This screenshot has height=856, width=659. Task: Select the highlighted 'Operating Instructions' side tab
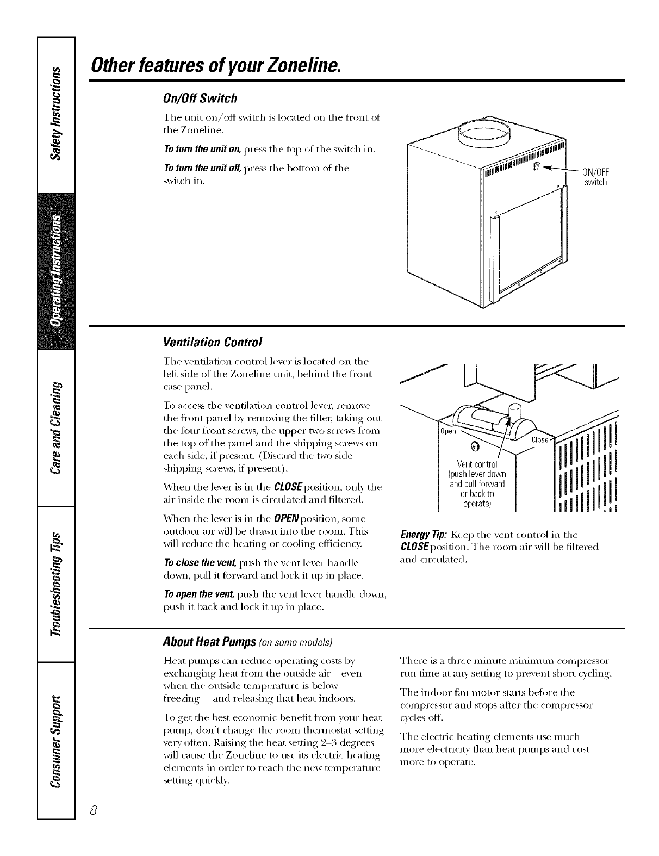tap(56, 272)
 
